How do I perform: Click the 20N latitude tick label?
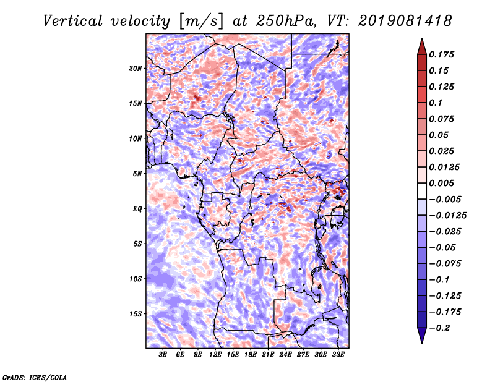pyautogui.click(x=136, y=68)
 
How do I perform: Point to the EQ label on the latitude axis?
pyautogui.click(x=137, y=209)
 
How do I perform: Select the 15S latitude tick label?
pyautogui.click(x=136, y=314)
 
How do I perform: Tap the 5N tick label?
pyautogui.click(x=137, y=174)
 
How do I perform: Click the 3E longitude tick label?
pyautogui.click(x=163, y=355)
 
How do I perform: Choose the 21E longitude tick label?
pyautogui.click(x=268, y=355)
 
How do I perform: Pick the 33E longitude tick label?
pyautogui.click(x=338, y=355)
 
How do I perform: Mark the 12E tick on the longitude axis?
pyautogui.click(x=215, y=355)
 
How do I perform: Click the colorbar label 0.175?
pyautogui.click(x=443, y=54)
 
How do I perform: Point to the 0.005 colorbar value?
pyautogui.click(x=443, y=184)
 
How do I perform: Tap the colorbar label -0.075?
pyautogui.click(x=445, y=264)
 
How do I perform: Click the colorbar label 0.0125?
pyautogui.click(x=445, y=167)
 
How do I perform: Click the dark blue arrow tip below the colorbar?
pyautogui.click(x=421, y=339)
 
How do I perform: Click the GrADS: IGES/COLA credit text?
pyautogui.click(x=35, y=376)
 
